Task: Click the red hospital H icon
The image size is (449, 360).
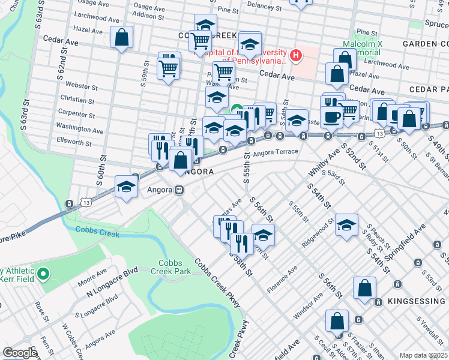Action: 295,56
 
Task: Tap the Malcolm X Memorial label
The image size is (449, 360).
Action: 363,49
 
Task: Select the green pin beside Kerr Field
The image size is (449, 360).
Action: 43,275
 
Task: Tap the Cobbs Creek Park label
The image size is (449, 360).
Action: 175,268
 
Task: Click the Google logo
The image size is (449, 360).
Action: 19,353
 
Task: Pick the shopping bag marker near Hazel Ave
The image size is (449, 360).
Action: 121,37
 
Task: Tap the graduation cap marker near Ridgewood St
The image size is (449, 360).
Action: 346,225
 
